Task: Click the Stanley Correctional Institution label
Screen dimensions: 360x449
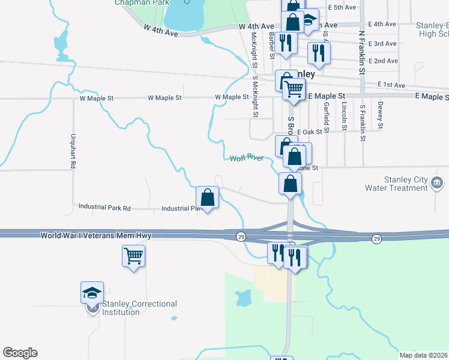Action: [139, 308]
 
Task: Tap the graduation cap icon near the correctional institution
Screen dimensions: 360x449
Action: [92, 292]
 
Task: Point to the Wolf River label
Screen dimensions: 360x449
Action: [246, 158]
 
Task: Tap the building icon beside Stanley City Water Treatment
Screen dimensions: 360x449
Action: [438, 182]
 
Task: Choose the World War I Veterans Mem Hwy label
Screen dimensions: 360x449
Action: [96, 236]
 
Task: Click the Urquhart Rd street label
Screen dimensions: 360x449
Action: [73, 150]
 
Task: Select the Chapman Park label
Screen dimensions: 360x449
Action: [134, 2]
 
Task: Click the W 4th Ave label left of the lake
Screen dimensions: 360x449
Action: [161, 30]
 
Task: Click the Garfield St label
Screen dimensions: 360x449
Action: [326, 116]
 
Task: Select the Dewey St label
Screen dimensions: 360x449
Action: [381, 115]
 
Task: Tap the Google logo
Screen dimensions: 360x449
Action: [20, 353]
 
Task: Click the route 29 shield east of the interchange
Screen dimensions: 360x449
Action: [376, 238]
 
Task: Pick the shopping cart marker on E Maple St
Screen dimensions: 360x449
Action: [294, 89]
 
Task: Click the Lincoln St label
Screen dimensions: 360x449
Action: [344, 116]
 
